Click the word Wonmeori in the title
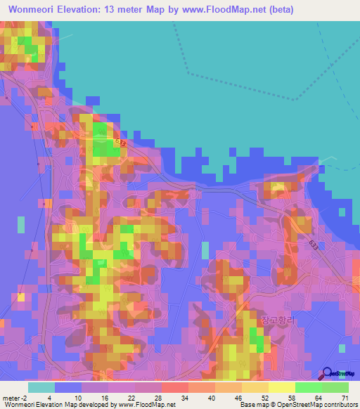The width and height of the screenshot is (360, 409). coord(34,10)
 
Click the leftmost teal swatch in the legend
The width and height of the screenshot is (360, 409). coord(41,387)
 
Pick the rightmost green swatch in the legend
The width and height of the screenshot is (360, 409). coord(335,387)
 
